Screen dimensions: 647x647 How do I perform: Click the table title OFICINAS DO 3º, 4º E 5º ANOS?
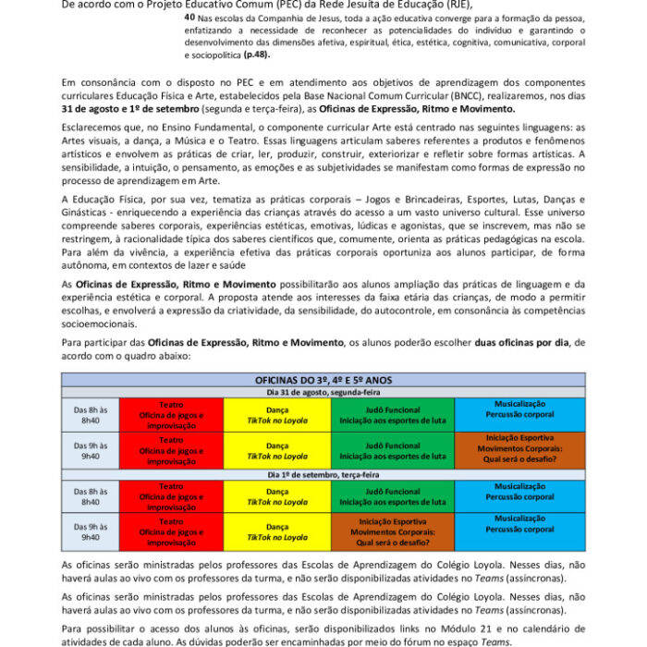point(323,380)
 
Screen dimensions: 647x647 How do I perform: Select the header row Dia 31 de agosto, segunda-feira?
point(323,392)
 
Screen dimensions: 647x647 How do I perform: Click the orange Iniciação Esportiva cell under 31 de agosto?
point(519,449)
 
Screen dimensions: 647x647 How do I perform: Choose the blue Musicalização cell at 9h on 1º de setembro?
point(519,524)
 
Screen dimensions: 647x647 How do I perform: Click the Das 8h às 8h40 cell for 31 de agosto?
point(91,414)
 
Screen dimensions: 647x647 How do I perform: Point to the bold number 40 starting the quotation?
point(189,17)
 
